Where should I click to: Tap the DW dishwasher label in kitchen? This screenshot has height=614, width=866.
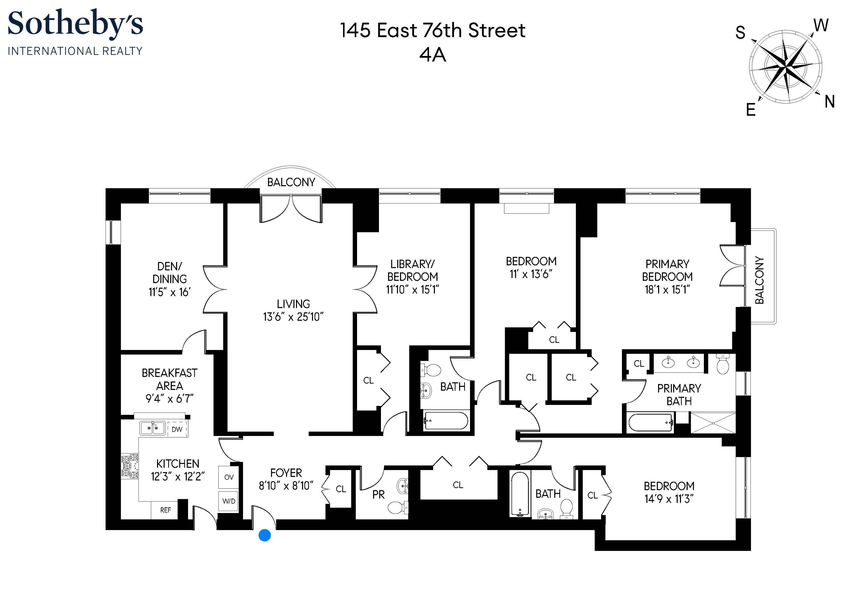coord(177,430)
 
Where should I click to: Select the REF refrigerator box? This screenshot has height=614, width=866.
coord(165,511)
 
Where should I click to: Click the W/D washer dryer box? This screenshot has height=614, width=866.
coord(228,501)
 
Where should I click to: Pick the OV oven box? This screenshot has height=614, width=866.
coord(228,478)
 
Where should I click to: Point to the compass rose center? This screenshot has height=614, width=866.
coord(786,67)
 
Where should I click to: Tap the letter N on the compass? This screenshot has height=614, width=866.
coord(829,102)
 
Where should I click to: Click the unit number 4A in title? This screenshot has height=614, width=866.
coord(432,55)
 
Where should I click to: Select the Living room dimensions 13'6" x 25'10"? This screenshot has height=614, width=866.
coord(293,317)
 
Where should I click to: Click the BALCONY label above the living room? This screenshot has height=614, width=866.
coord(291,182)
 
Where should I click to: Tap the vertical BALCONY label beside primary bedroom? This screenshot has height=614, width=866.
coord(759,280)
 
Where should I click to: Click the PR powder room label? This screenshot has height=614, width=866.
coord(378,495)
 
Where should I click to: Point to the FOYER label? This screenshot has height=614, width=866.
coord(286,473)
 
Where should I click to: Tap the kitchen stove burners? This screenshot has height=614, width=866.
coord(129,466)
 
